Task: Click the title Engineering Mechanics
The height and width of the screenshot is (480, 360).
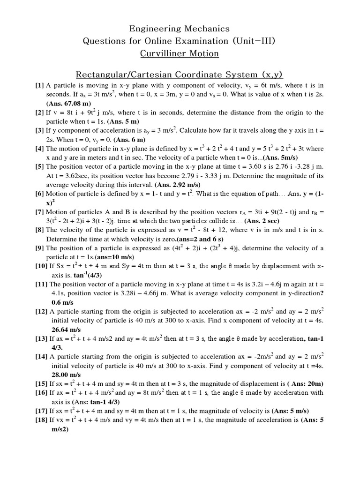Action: pyautogui.click(x=180, y=29)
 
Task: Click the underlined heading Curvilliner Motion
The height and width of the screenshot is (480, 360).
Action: pyautogui.click(x=180, y=53)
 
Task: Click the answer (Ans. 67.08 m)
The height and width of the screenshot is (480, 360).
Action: pyautogui.click(x=68, y=104)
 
